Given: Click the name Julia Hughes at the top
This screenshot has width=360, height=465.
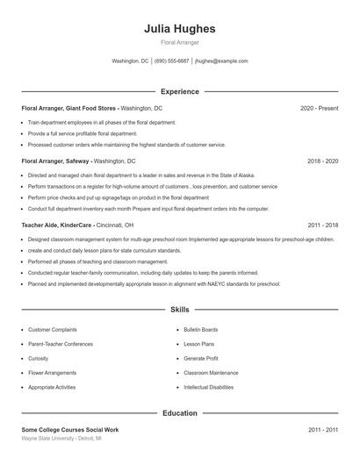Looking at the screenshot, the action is pyautogui.click(x=180, y=29).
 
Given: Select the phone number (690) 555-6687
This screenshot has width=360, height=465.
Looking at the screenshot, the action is pyautogui.click(x=171, y=61).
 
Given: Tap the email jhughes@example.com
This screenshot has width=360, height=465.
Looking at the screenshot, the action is pyautogui.click(x=221, y=61).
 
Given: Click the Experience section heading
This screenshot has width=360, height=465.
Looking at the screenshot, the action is pyautogui.click(x=180, y=91).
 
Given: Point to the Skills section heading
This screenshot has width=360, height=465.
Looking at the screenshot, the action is pyautogui.click(x=180, y=310).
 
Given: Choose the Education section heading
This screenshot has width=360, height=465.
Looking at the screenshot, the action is pyautogui.click(x=180, y=412).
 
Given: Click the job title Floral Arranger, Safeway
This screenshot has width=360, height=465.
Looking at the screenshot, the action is pyautogui.click(x=56, y=162).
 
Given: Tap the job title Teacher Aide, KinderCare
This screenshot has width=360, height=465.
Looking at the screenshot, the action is pyautogui.click(x=58, y=225).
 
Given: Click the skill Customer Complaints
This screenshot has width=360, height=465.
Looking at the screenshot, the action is pyautogui.click(x=53, y=330).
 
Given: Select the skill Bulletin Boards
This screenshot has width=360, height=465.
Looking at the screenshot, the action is pyautogui.click(x=201, y=330).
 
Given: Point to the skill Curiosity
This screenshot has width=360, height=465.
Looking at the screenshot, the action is pyautogui.click(x=39, y=358).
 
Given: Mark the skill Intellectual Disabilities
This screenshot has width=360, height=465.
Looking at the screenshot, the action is pyautogui.click(x=209, y=387).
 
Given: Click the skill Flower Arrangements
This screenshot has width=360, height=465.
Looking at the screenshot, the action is pyautogui.click(x=54, y=373).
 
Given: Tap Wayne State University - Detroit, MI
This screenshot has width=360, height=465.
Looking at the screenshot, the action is pyautogui.click(x=61, y=437).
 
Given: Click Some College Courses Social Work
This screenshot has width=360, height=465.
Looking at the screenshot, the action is pyautogui.click(x=69, y=429).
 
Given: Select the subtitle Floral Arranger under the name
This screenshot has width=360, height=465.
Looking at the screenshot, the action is pyautogui.click(x=180, y=42).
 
